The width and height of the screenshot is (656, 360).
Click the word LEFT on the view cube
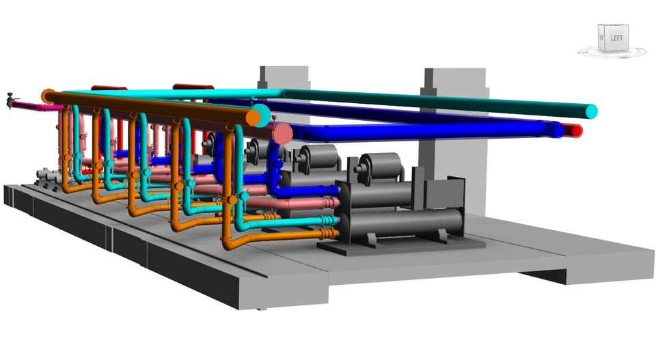point(616,38)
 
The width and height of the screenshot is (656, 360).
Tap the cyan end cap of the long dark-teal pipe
point(592,111)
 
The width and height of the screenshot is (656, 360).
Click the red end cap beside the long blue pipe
point(576,131)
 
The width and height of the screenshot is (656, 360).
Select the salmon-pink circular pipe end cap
point(282,134)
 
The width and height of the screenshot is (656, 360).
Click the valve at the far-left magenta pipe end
point(10,101)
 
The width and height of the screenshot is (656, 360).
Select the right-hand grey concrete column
point(454,142)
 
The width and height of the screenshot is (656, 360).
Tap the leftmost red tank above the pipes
point(109,88)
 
